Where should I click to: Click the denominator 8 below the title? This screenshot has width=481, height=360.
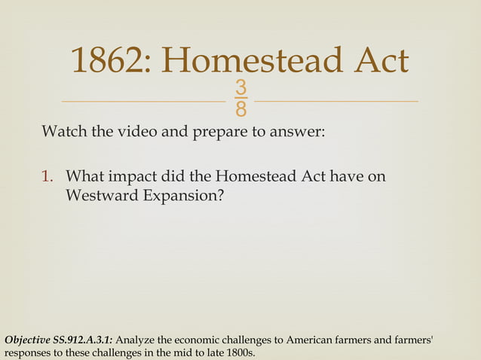coord(240,111)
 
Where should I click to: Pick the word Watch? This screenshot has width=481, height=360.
coord(63,133)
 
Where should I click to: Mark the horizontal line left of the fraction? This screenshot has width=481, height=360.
coord(143,101)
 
